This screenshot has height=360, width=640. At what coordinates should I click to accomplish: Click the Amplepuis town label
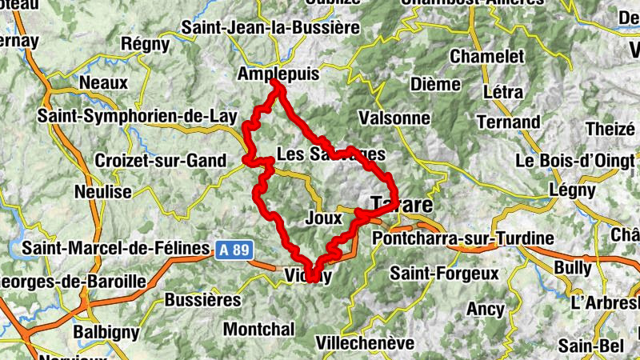[x=278, y=74]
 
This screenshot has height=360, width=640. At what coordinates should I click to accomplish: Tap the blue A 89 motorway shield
[x=234, y=250]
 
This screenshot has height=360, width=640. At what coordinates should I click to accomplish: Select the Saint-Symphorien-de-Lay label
[x=138, y=117]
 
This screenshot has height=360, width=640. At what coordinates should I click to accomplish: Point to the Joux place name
[x=324, y=217]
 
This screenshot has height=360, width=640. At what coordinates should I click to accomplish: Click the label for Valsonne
[x=395, y=118]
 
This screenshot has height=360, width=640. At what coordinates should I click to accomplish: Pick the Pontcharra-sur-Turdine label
[x=463, y=238]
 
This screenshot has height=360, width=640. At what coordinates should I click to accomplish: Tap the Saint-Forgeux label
[x=444, y=274]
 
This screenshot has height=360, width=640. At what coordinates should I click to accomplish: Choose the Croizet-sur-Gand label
[x=161, y=161]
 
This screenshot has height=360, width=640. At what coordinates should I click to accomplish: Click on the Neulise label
[x=102, y=192]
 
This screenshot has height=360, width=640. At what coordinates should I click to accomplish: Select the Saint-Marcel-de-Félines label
[x=115, y=248]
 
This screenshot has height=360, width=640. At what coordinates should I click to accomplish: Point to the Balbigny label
[x=106, y=331]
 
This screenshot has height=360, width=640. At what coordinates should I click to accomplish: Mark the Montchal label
[x=258, y=329]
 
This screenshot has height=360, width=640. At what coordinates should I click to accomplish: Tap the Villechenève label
[x=366, y=343]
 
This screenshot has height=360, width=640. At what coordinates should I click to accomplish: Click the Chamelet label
[x=487, y=57]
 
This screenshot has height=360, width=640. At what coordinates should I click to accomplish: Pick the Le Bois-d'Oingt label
[x=574, y=159]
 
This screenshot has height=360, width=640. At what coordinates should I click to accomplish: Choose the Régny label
[x=145, y=44]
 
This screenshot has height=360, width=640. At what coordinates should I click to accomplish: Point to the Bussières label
[x=202, y=300]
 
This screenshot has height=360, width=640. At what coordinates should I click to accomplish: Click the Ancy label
[x=486, y=309]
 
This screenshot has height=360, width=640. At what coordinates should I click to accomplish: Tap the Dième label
[x=434, y=84]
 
